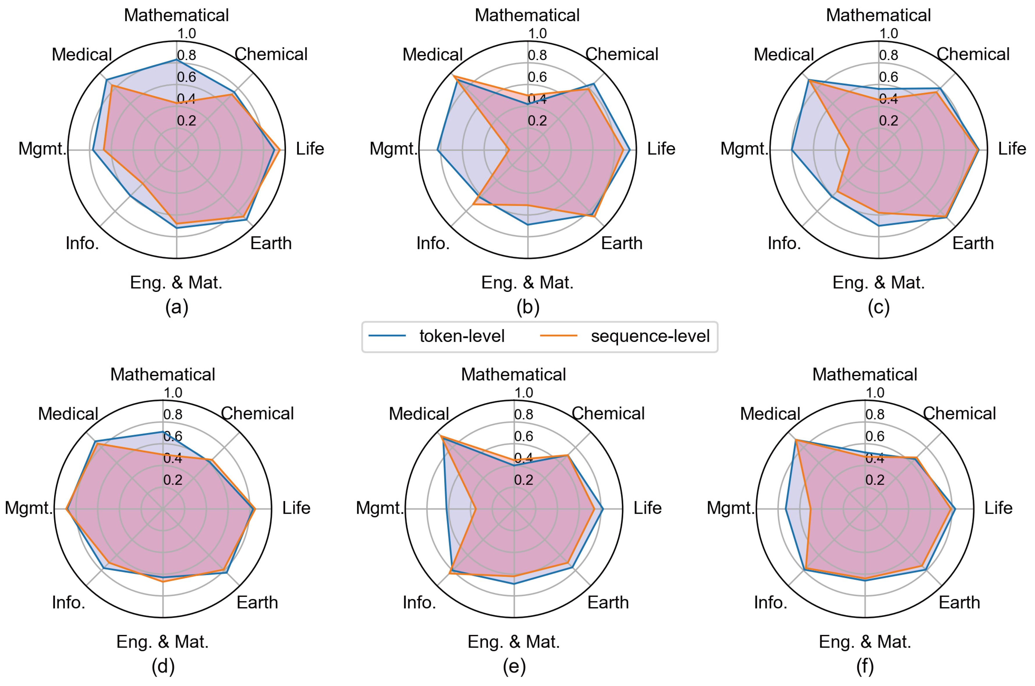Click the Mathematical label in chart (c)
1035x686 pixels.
click(x=878, y=15)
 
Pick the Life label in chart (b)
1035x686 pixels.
click(x=661, y=149)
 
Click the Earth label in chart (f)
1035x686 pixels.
click(x=959, y=602)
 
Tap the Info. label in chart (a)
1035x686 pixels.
click(x=82, y=243)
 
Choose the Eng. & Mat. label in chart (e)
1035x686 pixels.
click(x=514, y=642)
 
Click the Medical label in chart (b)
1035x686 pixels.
click(x=432, y=55)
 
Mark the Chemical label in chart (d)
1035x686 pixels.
click(x=257, y=414)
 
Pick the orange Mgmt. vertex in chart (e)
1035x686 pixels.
click(x=475, y=509)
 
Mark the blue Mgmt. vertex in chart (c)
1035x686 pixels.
click(x=792, y=150)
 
